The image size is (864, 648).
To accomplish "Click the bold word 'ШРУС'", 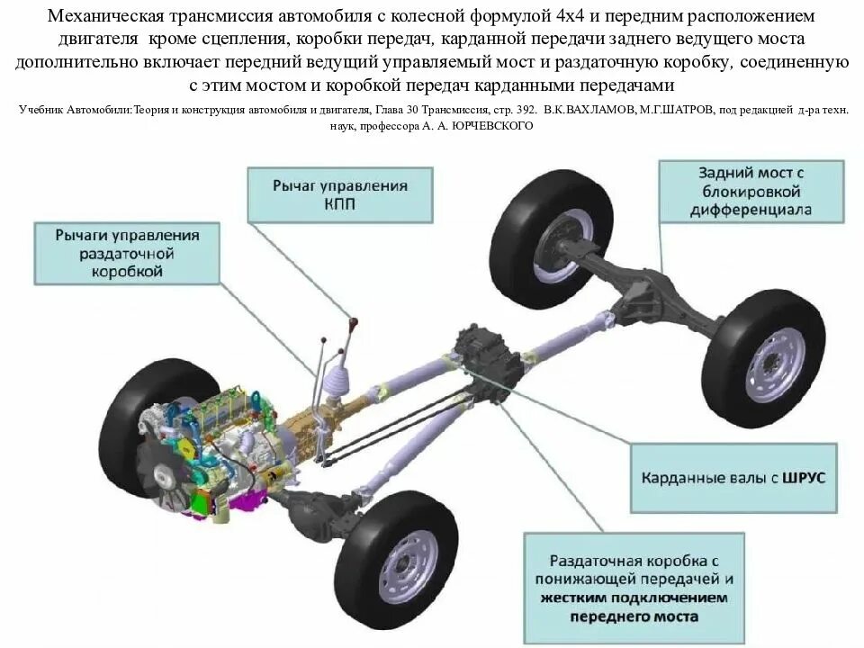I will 806,477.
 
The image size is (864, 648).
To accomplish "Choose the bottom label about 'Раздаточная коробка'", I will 634,578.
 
